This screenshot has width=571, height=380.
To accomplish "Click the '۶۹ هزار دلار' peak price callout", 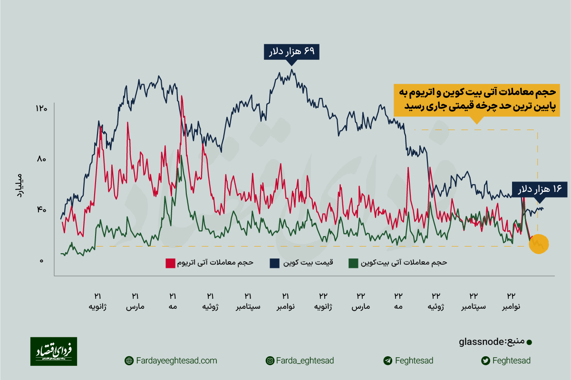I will pyautogui.click(x=292, y=52).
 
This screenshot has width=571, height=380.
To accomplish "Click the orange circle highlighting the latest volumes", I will pyautogui.click(x=539, y=244).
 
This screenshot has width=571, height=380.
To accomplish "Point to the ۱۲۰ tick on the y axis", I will pyautogui.click(x=41, y=109).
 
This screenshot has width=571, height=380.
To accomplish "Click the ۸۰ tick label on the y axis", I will pyautogui.click(x=41, y=159).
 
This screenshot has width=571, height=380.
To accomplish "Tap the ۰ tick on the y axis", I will pyautogui.click(x=41, y=261).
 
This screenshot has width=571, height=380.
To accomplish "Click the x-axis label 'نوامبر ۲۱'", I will pyautogui.click(x=286, y=301).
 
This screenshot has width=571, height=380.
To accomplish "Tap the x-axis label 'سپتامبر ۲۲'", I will pyautogui.click(x=474, y=301).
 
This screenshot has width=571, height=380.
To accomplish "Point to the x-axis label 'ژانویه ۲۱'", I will pyautogui.click(x=97, y=301).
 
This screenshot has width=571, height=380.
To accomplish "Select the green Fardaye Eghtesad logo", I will pyautogui.click(x=54, y=351).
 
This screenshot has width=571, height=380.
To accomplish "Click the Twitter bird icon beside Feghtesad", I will pyautogui.click(x=485, y=361).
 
